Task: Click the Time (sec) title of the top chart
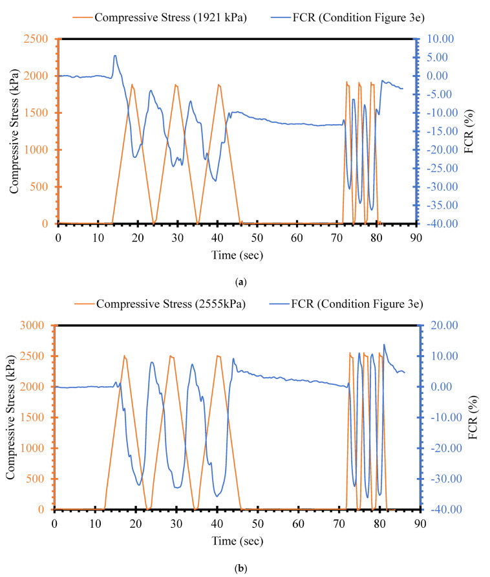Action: pyautogui.click(x=237, y=254)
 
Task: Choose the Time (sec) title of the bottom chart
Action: pyautogui.click(x=237, y=540)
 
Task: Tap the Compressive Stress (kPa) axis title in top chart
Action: pyautogui.click(x=14, y=131)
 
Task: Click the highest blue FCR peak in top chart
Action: pyautogui.click(x=115, y=56)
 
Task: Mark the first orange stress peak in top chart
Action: pyautogui.click(x=133, y=85)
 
